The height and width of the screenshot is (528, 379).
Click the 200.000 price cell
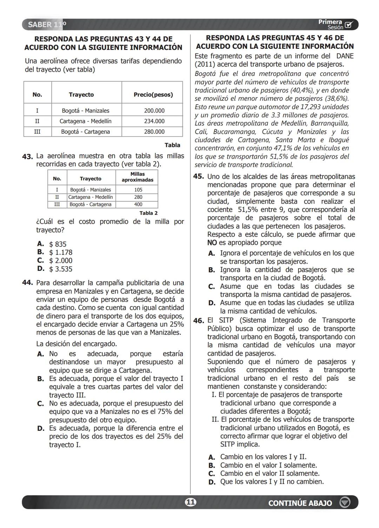click(154, 111)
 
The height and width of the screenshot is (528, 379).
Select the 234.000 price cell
click(154, 121)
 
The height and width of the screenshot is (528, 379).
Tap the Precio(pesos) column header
click(153, 95)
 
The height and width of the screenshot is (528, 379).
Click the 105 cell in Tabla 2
click(138, 190)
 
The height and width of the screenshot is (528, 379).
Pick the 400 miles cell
click(138, 205)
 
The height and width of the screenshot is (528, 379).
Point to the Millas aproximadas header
click(137, 177)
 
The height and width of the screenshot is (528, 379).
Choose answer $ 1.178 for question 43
click(60, 253)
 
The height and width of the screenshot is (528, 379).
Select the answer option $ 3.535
click(60, 269)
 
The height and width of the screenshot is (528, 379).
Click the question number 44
click(27, 283)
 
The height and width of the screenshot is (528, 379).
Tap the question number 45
click(198, 176)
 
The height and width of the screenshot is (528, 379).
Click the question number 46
click(198, 321)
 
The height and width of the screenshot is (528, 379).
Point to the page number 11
click(190, 502)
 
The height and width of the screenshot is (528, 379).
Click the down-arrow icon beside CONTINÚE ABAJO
click(345, 503)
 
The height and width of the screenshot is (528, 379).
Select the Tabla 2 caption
click(148, 213)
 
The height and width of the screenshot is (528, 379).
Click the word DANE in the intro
click(345, 56)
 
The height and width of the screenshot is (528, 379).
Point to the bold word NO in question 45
click(212, 243)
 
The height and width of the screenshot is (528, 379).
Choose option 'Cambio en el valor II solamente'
click(270, 474)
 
